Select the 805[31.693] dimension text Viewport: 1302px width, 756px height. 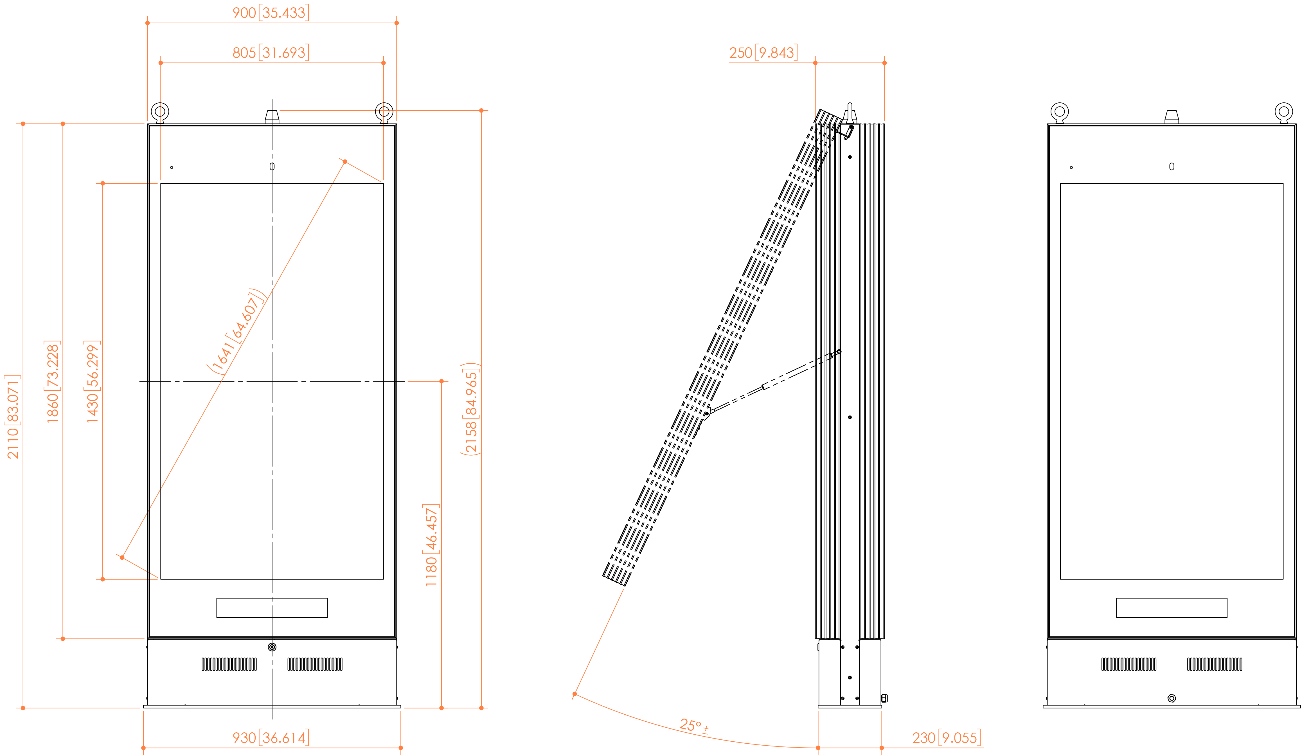(270, 53)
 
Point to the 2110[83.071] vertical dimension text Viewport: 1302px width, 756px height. (13, 417)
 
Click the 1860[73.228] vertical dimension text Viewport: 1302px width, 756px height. (53, 382)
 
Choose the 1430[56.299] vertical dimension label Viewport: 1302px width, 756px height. (93, 382)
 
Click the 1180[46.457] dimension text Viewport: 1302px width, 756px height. (431, 545)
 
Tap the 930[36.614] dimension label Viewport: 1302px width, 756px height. (270, 737)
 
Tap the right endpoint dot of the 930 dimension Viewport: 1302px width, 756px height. (401, 748)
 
